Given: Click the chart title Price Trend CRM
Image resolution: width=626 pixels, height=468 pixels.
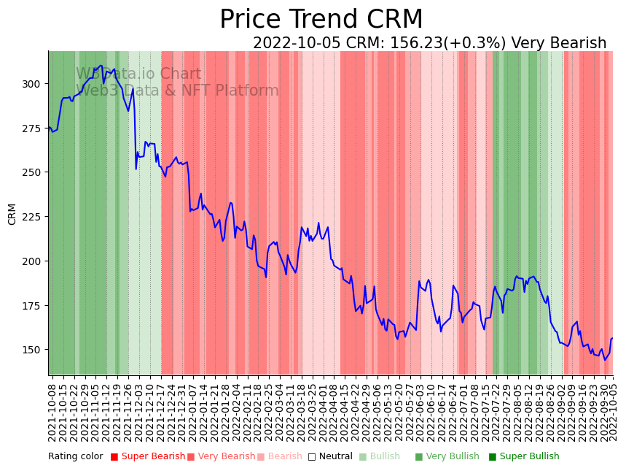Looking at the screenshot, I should coord(321,20).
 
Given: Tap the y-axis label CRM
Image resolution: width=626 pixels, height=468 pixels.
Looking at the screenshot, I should coord(12,214).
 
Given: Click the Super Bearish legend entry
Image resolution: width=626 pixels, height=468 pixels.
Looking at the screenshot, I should coord(147,457).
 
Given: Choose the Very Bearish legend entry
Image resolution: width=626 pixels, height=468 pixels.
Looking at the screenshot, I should coord(222,457).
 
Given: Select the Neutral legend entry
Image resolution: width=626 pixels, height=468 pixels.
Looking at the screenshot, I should coord(330,457).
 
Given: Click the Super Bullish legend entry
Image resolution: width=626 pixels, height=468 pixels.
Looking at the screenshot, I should coord(524,457).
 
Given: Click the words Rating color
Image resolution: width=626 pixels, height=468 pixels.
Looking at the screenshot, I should coord(76,457).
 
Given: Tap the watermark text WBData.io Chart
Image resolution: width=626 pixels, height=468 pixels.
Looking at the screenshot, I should coord(138,74).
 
